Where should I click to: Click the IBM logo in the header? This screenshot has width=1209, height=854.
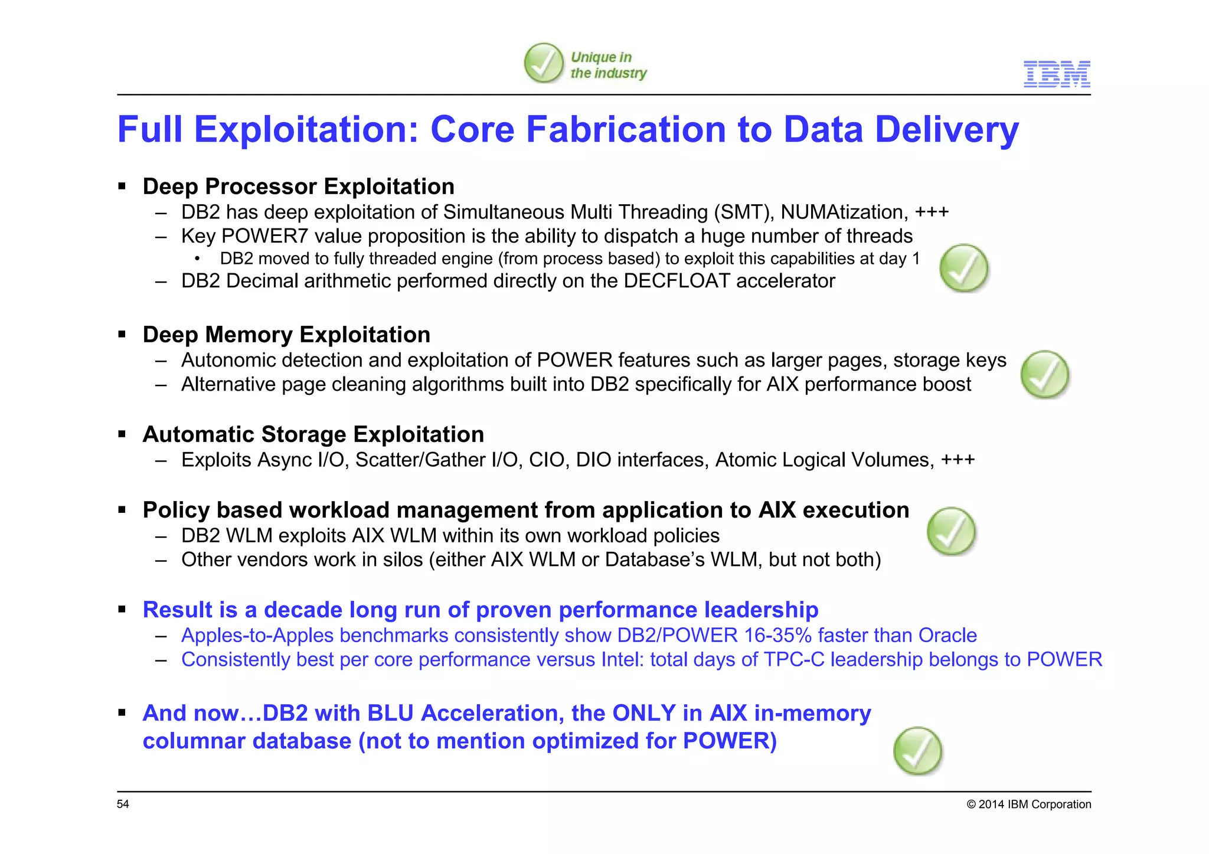pyautogui.click(x=1057, y=74)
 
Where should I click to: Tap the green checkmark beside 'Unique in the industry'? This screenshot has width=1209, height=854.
pyautogui.click(x=544, y=63)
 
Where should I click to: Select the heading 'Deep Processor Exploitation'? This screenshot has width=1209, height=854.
pyautogui.click(x=298, y=186)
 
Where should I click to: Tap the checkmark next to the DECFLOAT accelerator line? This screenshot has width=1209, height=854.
pyautogui.click(x=964, y=268)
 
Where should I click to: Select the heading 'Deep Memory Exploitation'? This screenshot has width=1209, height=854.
pyautogui.click(x=286, y=335)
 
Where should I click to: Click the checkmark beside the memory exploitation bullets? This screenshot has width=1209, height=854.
pyautogui.click(x=1045, y=374)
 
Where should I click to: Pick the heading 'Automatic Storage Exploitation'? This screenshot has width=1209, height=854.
pyautogui.click(x=313, y=434)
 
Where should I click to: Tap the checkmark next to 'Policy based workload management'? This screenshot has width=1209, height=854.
pyautogui.click(x=951, y=531)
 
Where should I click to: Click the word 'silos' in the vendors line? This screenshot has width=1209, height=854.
pyautogui.click(x=403, y=559)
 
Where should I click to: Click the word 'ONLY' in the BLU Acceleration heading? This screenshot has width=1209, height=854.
pyautogui.click(x=643, y=713)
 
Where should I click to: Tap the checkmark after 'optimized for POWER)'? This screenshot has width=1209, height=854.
pyautogui.click(x=917, y=751)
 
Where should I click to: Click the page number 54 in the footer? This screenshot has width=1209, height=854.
pyautogui.click(x=123, y=804)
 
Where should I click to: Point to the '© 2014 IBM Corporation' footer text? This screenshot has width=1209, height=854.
pyautogui.click(x=1028, y=804)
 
